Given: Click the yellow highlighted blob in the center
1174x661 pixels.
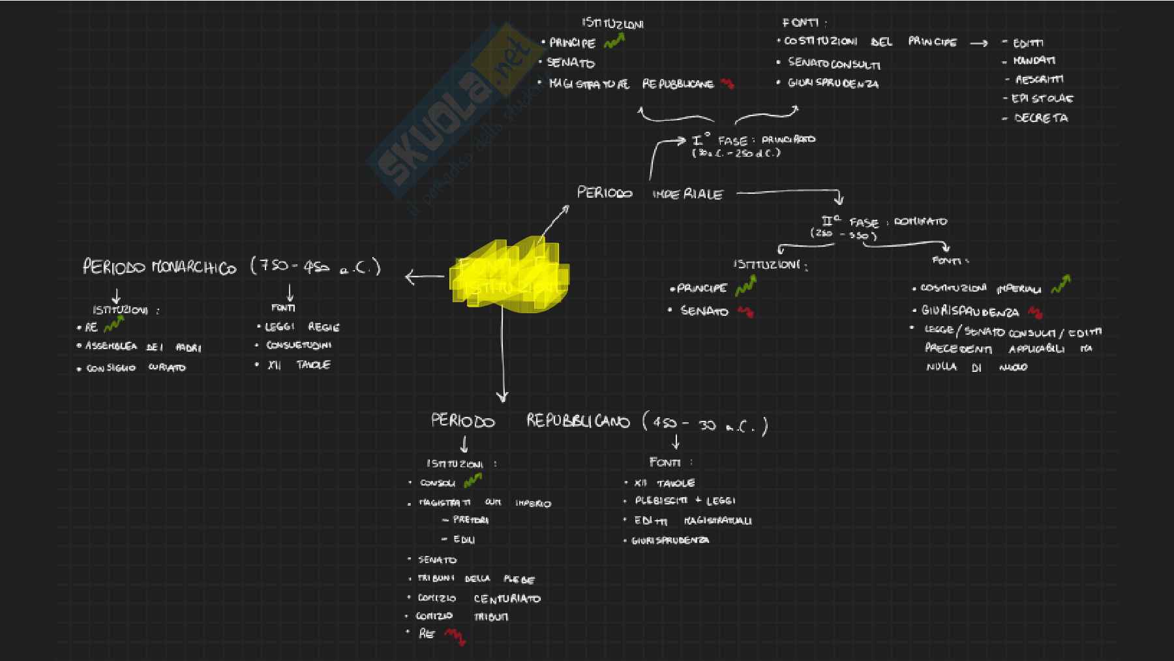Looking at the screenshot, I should click(x=509, y=277).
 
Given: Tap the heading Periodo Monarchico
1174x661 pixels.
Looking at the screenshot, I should click(x=159, y=268).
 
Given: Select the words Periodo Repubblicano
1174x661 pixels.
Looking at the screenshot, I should click(x=530, y=422).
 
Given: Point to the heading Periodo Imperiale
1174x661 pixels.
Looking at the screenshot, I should click(x=650, y=194).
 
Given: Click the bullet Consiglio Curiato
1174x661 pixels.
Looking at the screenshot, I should click(x=136, y=368).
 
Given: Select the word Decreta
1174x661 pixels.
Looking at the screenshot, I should click(x=1041, y=118).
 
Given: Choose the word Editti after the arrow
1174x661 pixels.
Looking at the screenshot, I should click(x=1028, y=43).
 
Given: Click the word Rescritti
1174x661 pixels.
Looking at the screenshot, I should click(x=1039, y=80).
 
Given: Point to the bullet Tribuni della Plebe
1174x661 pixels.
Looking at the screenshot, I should click(x=476, y=579).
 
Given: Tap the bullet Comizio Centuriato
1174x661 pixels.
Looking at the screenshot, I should click(x=479, y=598).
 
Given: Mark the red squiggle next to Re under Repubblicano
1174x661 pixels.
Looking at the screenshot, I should click(x=455, y=636).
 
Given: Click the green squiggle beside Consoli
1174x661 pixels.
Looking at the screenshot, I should click(x=472, y=482).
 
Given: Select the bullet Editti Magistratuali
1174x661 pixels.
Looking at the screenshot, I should click(x=693, y=521).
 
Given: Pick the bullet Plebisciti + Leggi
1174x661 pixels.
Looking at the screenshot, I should click(x=685, y=500).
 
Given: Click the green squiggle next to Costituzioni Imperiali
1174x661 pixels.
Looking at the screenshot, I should click(x=1061, y=284).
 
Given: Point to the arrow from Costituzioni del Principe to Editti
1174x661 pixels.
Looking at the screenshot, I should click(x=979, y=44).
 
